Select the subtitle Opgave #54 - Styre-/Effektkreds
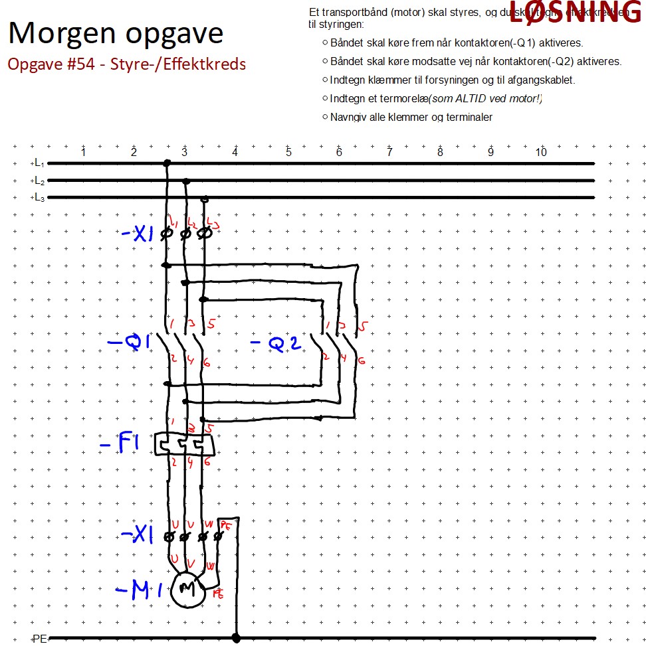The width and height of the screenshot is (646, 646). (126, 64)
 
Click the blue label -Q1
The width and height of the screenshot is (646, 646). (130, 343)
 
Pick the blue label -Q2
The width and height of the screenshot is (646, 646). (275, 344)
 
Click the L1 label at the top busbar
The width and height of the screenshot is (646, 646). (39, 163)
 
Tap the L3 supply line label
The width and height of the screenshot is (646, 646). (39, 197)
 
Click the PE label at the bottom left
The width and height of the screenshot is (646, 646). (40, 639)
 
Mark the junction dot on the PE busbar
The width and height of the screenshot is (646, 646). (236, 639)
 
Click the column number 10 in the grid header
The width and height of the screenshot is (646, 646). (541, 153)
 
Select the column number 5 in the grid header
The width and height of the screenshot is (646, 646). (288, 153)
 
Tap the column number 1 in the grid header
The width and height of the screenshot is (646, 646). (83, 153)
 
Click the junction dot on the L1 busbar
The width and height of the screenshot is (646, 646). (167, 163)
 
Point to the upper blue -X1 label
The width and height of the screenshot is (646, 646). (138, 234)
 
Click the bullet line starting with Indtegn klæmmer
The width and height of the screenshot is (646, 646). (452, 80)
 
